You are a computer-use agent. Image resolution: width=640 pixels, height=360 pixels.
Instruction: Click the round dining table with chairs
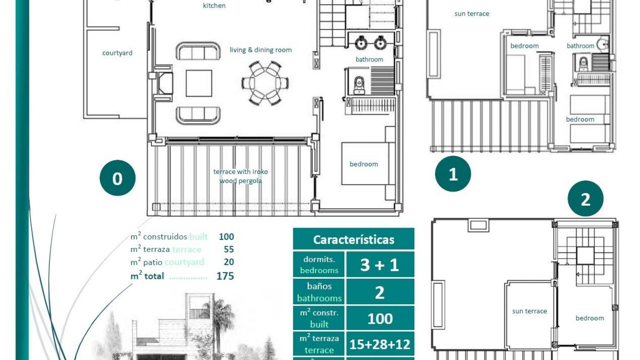pyautogui.click(x=265, y=83)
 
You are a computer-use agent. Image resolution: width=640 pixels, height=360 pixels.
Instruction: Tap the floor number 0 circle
pyautogui.click(x=117, y=178)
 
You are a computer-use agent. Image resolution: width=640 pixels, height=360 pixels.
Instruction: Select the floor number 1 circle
pyautogui.click(x=453, y=174)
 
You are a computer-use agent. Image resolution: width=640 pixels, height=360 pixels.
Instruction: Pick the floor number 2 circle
pyautogui.click(x=585, y=199)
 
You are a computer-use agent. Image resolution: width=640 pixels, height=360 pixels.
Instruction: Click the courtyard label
pyautogui.click(x=117, y=53)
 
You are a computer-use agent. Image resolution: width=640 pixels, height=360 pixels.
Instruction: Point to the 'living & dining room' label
pyautogui.click(x=260, y=50)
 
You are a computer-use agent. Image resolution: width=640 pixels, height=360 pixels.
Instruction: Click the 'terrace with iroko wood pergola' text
pyautogui.click(x=240, y=176)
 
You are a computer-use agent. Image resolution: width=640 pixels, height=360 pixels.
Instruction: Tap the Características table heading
pyautogui.click(x=353, y=239)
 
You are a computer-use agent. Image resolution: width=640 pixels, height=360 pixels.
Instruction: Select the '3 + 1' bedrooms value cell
pyautogui.click(x=380, y=265)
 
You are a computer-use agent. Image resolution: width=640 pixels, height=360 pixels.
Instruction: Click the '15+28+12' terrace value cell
pyautogui.click(x=380, y=344)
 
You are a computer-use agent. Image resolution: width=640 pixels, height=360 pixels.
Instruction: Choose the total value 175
pyautogui.click(x=225, y=276)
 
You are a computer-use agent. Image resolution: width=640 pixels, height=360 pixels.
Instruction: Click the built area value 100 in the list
pyautogui.click(x=226, y=237)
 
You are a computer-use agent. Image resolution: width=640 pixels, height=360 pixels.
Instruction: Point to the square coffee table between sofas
pyautogui.click(x=199, y=83)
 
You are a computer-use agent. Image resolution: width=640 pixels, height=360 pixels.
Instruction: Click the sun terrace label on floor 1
pyautogui.click(x=471, y=14)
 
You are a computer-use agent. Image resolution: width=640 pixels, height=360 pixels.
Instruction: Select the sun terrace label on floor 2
pyautogui.click(x=529, y=311)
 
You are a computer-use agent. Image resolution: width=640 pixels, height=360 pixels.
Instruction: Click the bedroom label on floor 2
pyautogui.click(x=589, y=318)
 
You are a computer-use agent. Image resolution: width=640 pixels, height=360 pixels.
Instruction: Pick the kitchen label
pyautogui.click(x=214, y=5)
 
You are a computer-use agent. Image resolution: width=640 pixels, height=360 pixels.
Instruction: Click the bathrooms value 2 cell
pyautogui.click(x=380, y=292)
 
